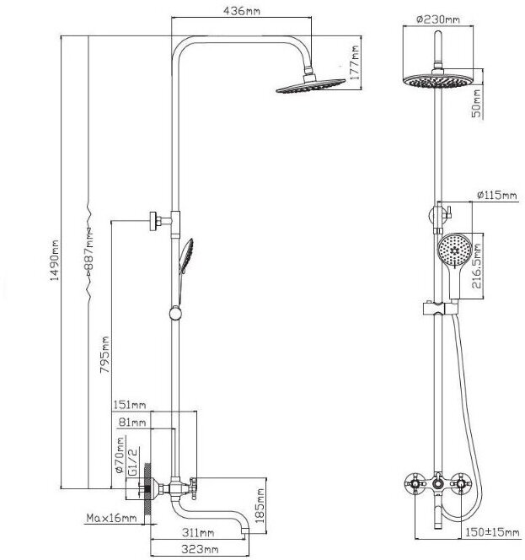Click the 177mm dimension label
[x=356, y=61]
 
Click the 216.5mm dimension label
[x=477, y=263]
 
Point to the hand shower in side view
[x=186, y=254]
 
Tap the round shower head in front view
[x=437, y=82]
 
